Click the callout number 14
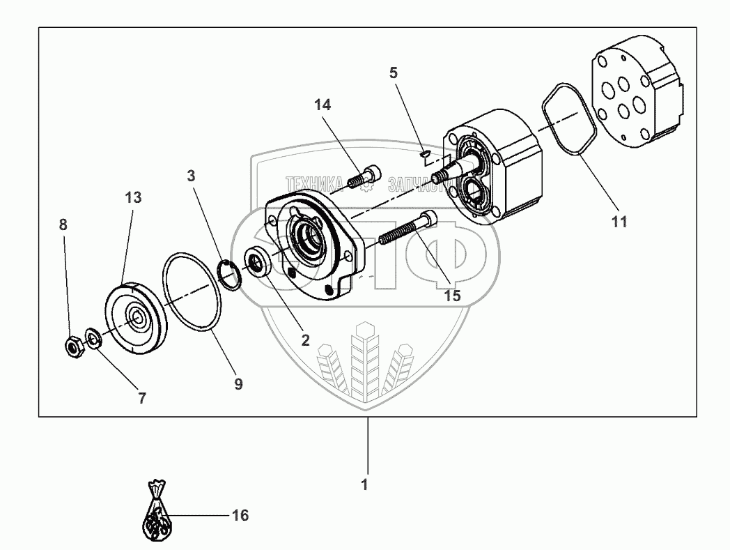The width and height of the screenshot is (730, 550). click(x=323, y=105)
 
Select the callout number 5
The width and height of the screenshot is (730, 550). click(x=394, y=72)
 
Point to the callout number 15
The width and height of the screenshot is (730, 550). click(x=452, y=296)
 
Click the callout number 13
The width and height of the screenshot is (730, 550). click(x=133, y=198)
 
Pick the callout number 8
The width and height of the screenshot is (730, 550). click(x=63, y=224)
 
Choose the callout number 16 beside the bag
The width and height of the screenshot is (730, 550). click(x=240, y=516)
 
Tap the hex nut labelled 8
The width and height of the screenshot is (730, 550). click(x=73, y=345)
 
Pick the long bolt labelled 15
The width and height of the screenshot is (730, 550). click(x=407, y=231)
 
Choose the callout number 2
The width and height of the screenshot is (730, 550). click(x=306, y=340)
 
